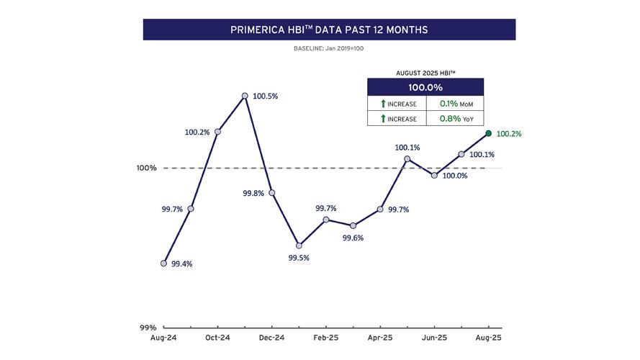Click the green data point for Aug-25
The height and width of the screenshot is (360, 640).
[489, 133]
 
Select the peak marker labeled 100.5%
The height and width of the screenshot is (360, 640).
[245, 95]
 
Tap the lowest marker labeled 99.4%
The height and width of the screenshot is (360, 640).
[163, 263]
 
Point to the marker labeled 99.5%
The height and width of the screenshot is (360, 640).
[299, 246]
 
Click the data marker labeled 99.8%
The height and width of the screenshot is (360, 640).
[271, 192]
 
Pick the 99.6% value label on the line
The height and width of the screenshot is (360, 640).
[353, 238]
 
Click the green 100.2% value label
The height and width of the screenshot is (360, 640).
[509, 134]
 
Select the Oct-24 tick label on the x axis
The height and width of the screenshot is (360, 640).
[217, 338]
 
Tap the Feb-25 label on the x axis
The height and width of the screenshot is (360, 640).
[326, 338]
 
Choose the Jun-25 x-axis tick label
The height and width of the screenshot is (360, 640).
[434, 338]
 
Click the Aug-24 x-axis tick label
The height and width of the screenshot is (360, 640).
[163, 338]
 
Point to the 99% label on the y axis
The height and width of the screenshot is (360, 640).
[148, 327]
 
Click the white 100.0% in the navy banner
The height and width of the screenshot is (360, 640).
[425, 87]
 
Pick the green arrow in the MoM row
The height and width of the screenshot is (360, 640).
[383, 104]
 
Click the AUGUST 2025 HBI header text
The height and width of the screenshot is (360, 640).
[425, 73]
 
